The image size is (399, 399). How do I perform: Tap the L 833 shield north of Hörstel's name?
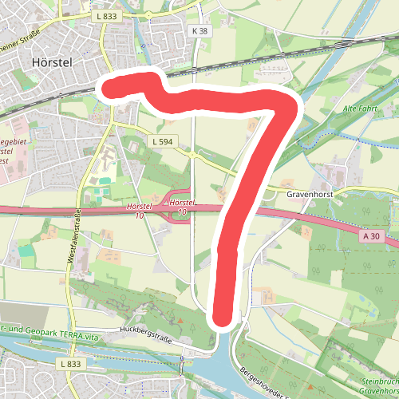point(105,15)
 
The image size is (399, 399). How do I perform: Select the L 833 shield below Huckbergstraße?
point(70,364)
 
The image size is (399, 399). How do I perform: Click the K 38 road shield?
point(199,30)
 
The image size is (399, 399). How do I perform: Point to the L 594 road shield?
point(162,141)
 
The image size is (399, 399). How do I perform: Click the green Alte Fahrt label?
point(358,108)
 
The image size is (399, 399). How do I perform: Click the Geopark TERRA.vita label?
point(48,338)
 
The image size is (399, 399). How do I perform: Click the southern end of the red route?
point(224,318)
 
